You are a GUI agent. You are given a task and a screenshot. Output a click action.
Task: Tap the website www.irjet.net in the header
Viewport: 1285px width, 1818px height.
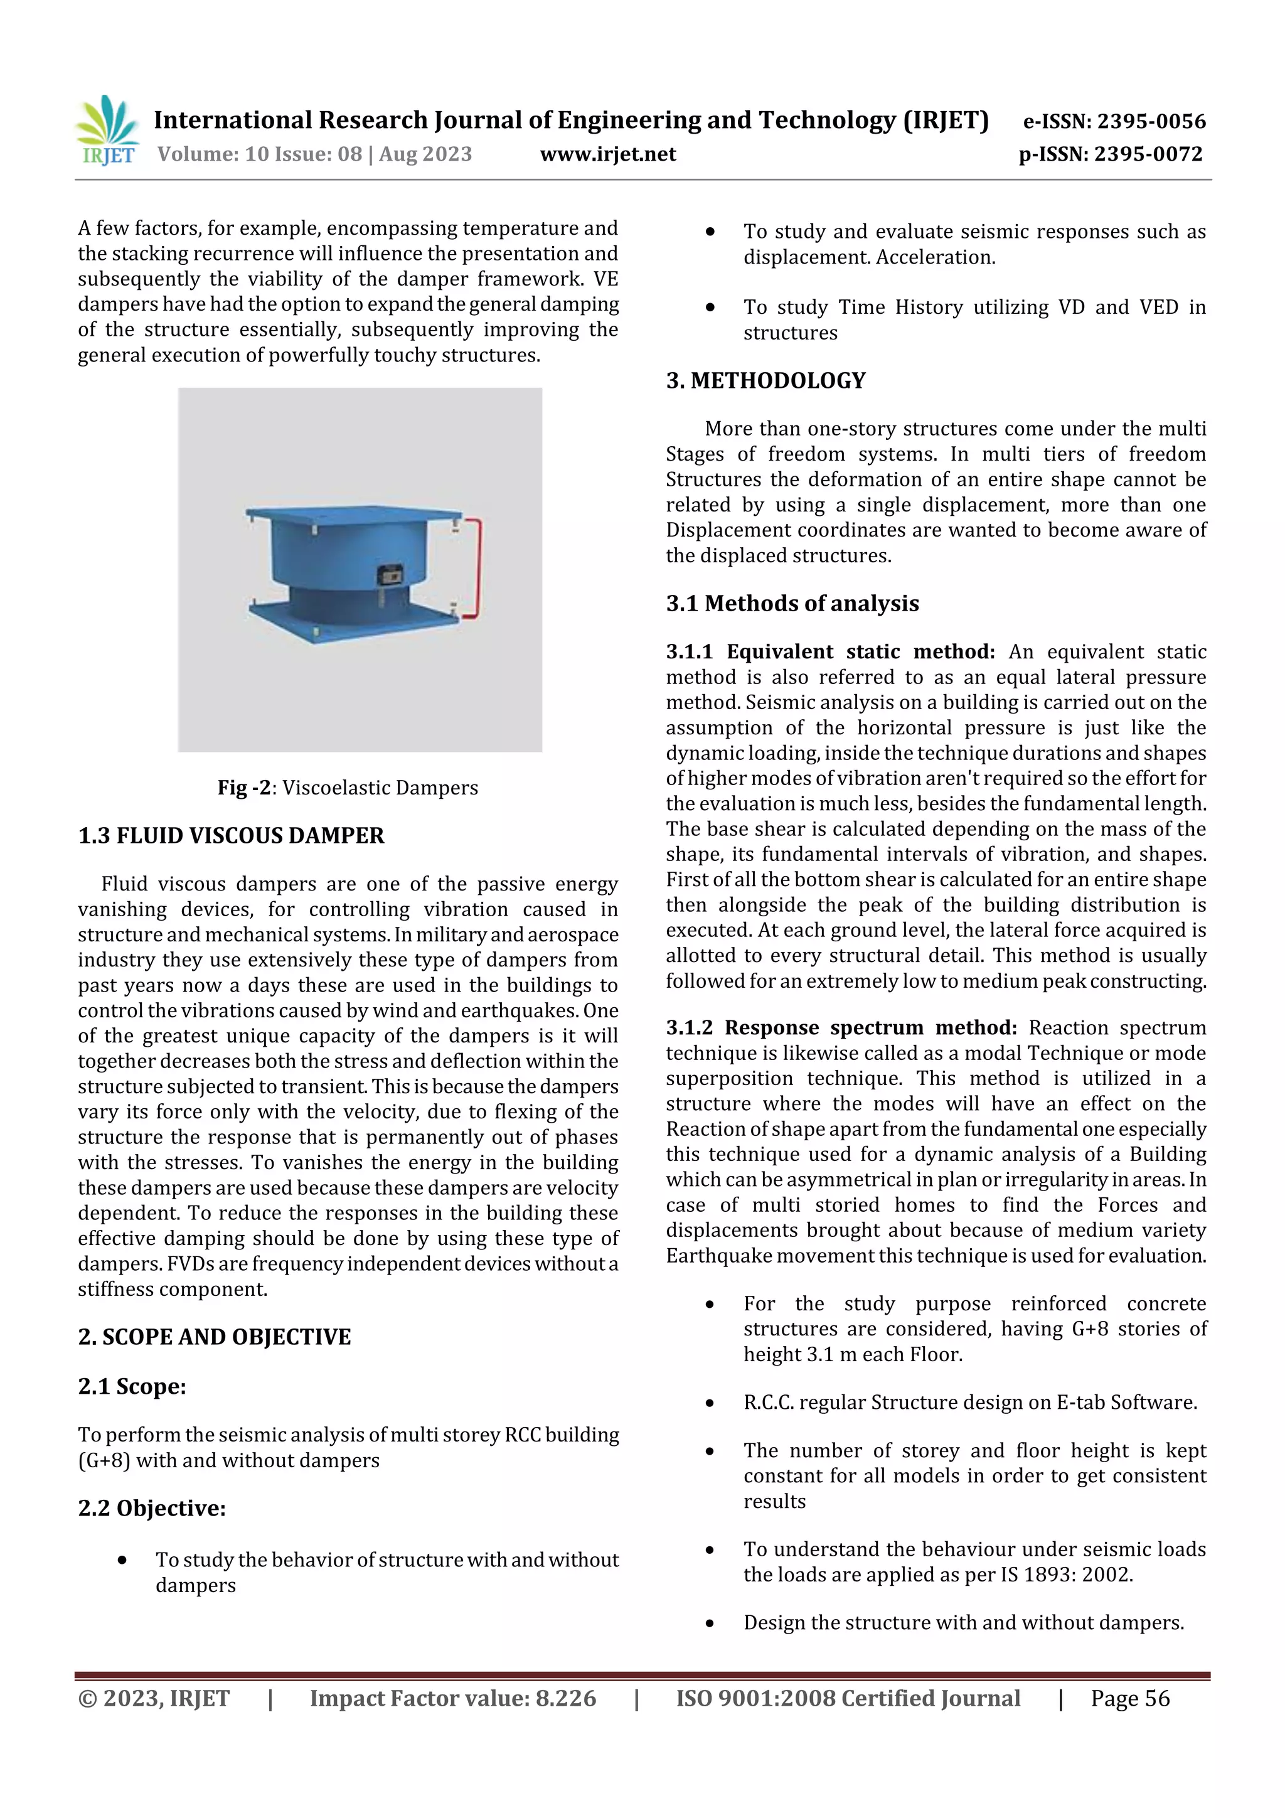pyautogui.click(x=607, y=154)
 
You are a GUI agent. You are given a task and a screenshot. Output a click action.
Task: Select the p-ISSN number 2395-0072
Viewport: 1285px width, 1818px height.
pyautogui.click(x=1148, y=154)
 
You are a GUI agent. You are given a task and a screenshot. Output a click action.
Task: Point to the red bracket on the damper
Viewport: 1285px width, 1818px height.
pyautogui.click(x=476, y=567)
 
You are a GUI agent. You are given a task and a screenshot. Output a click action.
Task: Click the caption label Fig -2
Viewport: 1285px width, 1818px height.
pyautogui.click(x=244, y=788)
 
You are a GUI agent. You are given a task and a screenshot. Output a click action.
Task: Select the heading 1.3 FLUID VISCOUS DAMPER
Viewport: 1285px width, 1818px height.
pyautogui.click(x=231, y=835)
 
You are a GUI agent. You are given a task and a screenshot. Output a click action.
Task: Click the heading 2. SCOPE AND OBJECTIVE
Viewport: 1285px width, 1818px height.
pyautogui.click(x=215, y=1337)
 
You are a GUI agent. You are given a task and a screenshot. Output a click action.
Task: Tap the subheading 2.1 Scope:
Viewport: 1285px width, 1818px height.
pyautogui.click(x=132, y=1386)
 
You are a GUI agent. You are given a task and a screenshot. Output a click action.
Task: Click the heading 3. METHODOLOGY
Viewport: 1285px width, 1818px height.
pyautogui.click(x=765, y=380)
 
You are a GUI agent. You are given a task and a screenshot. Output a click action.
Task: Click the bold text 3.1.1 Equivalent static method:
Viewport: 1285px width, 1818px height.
pyautogui.click(x=829, y=651)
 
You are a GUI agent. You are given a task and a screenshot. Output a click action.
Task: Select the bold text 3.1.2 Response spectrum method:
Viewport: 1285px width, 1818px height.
pyautogui.click(x=841, y=1028)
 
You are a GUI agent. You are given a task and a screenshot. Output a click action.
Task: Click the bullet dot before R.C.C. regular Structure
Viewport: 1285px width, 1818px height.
pyautogui.click(x=710, y=1403)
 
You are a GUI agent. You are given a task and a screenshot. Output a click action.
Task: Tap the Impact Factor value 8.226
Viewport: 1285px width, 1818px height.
pyautogui.click(x=565, y=1698)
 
